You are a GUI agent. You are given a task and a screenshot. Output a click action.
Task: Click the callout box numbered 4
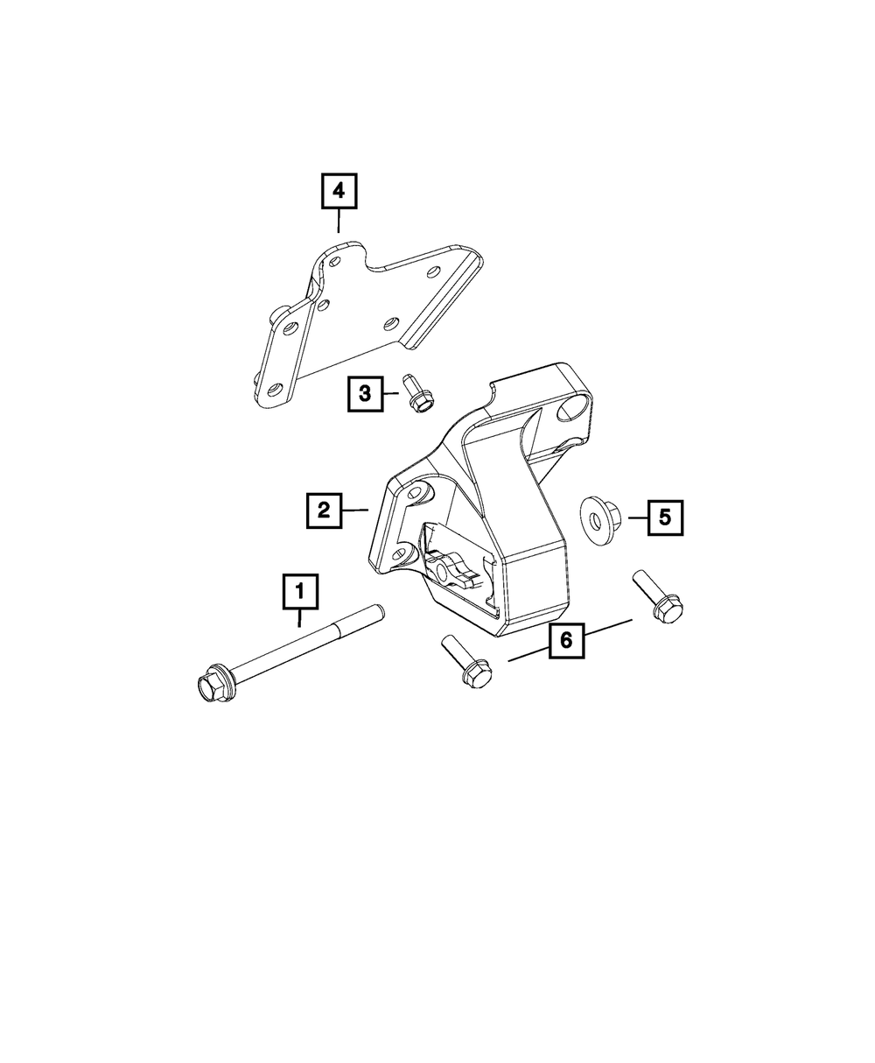[x=339, y=191]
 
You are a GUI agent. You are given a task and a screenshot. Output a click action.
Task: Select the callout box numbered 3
[x=365, y=393]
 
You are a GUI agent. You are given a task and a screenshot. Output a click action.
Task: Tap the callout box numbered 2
[x=324, y=510]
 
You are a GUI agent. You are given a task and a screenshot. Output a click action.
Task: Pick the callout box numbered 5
[x=665, y=517]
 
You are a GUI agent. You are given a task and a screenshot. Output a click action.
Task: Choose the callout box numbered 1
[x=301, y=591]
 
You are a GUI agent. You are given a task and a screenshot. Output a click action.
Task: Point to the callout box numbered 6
[x=567, y=640]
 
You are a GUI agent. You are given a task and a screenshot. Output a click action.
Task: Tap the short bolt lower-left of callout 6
[x=467, y=661]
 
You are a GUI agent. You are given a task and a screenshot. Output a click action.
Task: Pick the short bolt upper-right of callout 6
[x=658, y=597]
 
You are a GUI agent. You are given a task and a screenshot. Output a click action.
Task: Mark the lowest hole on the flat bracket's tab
[x=275, y=391]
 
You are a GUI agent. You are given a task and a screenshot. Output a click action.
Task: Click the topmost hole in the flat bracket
[x=334, y=262]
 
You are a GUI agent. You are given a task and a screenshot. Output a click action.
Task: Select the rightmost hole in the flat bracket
[x=434, y=271]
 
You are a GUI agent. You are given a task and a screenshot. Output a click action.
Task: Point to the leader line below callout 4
[x=339, y=221]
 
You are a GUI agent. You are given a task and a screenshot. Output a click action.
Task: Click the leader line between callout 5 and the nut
[x=638, y=517]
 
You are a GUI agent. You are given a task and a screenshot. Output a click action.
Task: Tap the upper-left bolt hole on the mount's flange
[x=417, y=493]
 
